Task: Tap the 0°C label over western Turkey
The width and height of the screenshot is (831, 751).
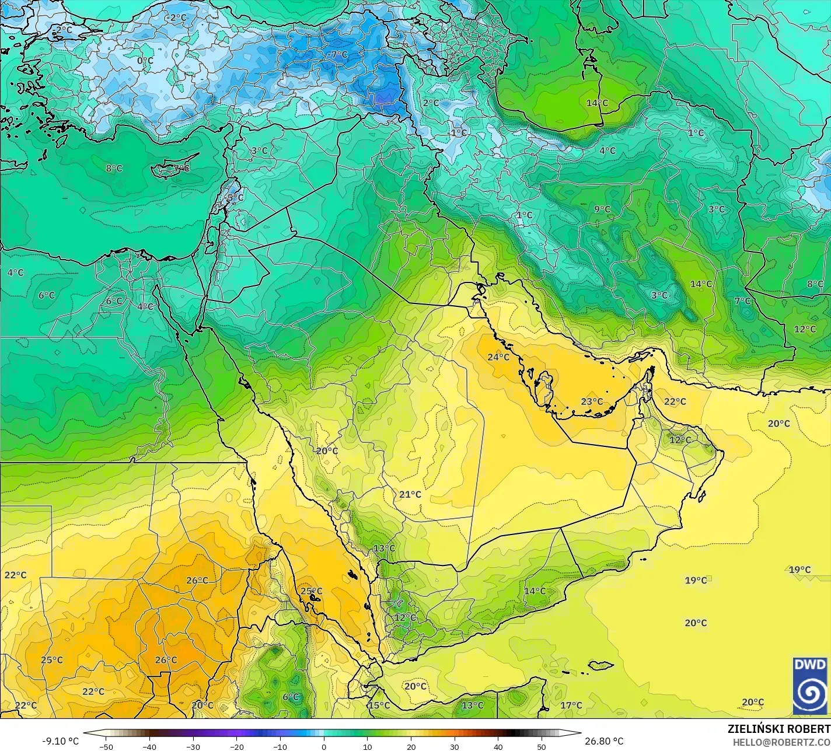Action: [x=145, y=61]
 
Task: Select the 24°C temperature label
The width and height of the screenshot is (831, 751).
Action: [x=498, y=357]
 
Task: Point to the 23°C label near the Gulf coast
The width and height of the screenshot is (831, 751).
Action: [x=592, y=401]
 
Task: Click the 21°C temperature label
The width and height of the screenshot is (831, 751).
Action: [x=410, y=494]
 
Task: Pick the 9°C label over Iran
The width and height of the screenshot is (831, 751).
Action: [x=602, y=209]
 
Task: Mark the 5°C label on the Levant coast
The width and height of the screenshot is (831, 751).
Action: [x=235, y=198]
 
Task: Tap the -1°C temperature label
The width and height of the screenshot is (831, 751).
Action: [x=458, y=133]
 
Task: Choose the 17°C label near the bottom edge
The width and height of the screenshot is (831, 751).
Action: [x=571, y=705]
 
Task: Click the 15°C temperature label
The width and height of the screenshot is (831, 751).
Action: [x=379, y=705]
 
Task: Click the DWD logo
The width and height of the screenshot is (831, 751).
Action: [x=810, y=686]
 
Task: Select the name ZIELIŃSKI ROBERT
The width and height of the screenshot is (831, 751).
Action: [x=778, y=729]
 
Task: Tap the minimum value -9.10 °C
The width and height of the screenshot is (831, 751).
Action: [x=60, y=741]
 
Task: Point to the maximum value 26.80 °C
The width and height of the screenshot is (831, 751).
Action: [x=604, y=741]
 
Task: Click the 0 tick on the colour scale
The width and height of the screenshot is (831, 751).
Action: [x=324, y=746]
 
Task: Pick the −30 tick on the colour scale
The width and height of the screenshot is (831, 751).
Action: [x=193, y=746]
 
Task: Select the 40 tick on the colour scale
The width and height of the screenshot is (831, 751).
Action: [x=498, y=746]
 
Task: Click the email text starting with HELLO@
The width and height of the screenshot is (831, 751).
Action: [x=781, y=742]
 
